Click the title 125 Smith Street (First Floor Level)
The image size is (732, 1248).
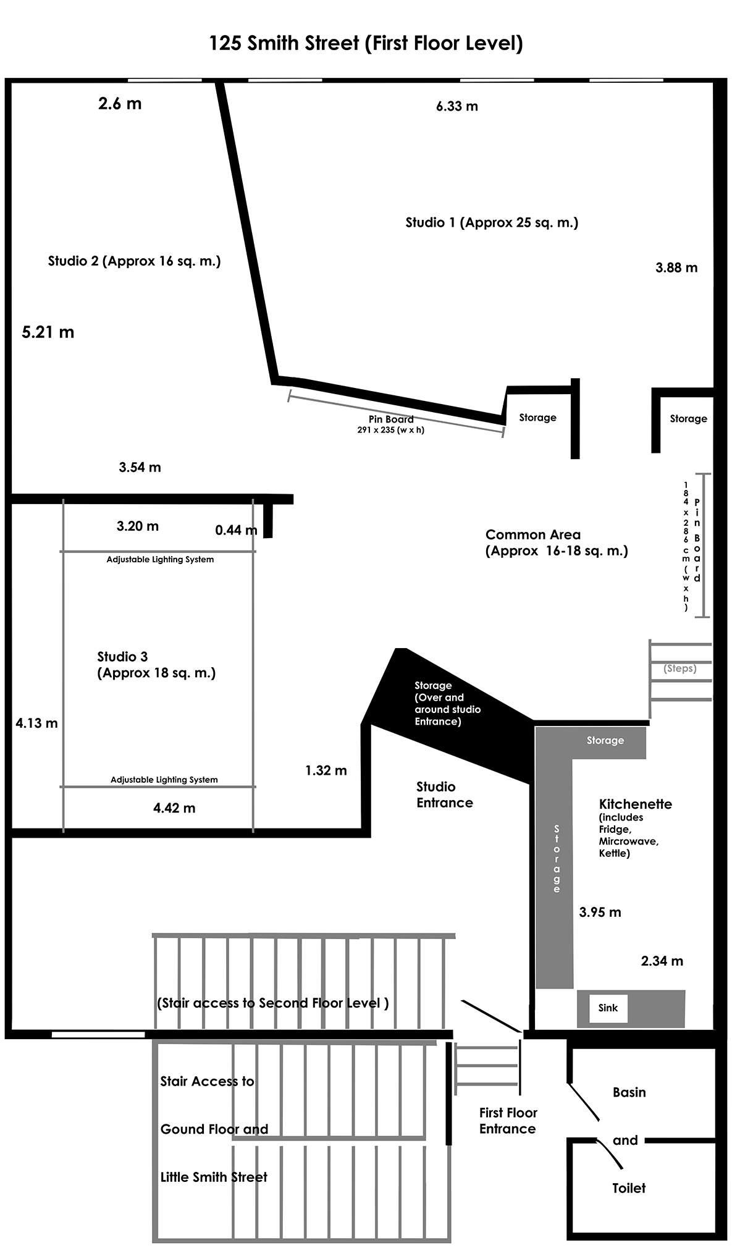[x=366, y=43]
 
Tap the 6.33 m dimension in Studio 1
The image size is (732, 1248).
[x=457, y=106]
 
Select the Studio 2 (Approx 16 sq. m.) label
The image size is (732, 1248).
[x=135, y=261]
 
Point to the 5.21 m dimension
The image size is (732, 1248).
[x=48, y=332]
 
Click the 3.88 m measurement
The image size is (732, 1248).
[x=676, y=268]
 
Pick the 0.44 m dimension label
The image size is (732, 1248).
[x=236, y=530]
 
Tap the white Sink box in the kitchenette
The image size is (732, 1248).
[x=608, y=1008]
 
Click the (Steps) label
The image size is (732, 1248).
[x=680, y=668]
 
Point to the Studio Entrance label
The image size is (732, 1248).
[x=445, y=795]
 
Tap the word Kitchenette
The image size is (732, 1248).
[x=636, y=804]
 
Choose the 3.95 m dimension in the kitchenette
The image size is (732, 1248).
[x=600, y=912]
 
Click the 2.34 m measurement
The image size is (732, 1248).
[x=662, y=961]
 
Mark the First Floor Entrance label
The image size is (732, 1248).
[x=508, y=1120]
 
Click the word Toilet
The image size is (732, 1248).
[x=629, y=1188]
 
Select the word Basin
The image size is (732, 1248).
[x=629, y=1092]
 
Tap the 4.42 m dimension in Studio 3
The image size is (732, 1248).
[x=174, y=808]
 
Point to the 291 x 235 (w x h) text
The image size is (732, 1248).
[x=391, y=430]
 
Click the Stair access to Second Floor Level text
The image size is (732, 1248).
[x=273, y=1003]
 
